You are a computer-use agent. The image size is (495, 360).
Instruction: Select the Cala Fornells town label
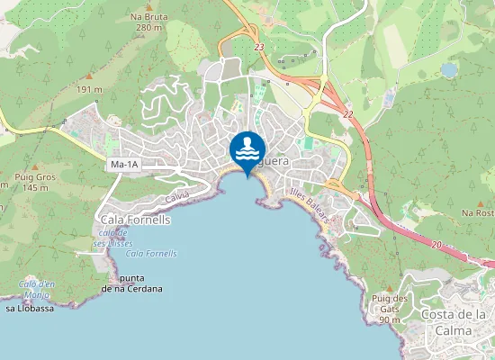[136, 219]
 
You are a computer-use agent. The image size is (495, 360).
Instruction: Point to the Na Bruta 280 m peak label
[148, 22]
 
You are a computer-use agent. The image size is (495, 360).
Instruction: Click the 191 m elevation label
[89, 90]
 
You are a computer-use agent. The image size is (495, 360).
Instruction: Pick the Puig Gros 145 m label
[35, 182]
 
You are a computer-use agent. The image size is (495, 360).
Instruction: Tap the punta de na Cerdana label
[132, 283]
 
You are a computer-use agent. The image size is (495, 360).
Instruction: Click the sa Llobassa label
[30, 308]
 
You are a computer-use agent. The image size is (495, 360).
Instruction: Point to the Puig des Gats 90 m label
[390, 308]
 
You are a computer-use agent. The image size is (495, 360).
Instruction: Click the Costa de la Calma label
[454, 320]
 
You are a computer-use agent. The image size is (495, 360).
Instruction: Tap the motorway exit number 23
[259, 48]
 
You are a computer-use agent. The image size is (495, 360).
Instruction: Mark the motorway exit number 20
[436, 245]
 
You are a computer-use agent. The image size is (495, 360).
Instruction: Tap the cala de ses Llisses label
[110, 238]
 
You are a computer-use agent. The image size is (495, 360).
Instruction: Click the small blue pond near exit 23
[448, 69]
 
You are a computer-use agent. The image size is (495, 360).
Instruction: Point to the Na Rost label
[478, 212]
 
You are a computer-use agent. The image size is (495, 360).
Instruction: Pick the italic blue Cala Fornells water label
[151, 254]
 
